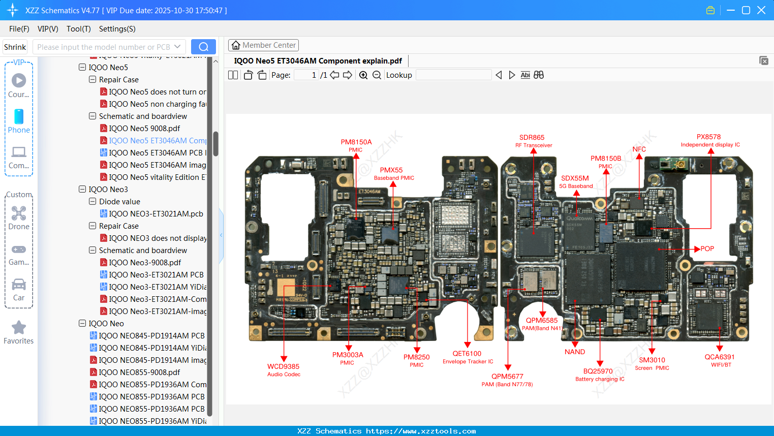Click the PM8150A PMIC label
[356, 145]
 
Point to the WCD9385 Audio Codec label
[284, 370]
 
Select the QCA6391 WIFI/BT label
[719, 360]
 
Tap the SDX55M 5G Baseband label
[575, 181]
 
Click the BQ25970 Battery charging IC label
[599, 375]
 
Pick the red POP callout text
[707, 249]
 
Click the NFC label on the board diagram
[639, 149]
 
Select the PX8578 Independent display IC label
[709, 140]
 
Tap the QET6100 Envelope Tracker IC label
[467, 357]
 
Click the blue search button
[203, 47]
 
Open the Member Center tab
[263, 45]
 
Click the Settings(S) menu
[117, 29]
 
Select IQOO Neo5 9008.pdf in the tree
[144, 129]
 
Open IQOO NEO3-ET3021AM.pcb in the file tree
[156, 214]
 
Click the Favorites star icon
[19, 328]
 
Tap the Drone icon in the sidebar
[19, 214]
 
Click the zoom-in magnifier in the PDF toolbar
[363, 75]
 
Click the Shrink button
[15, 47]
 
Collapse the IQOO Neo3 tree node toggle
[82, 189]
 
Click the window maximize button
[746, 10]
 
